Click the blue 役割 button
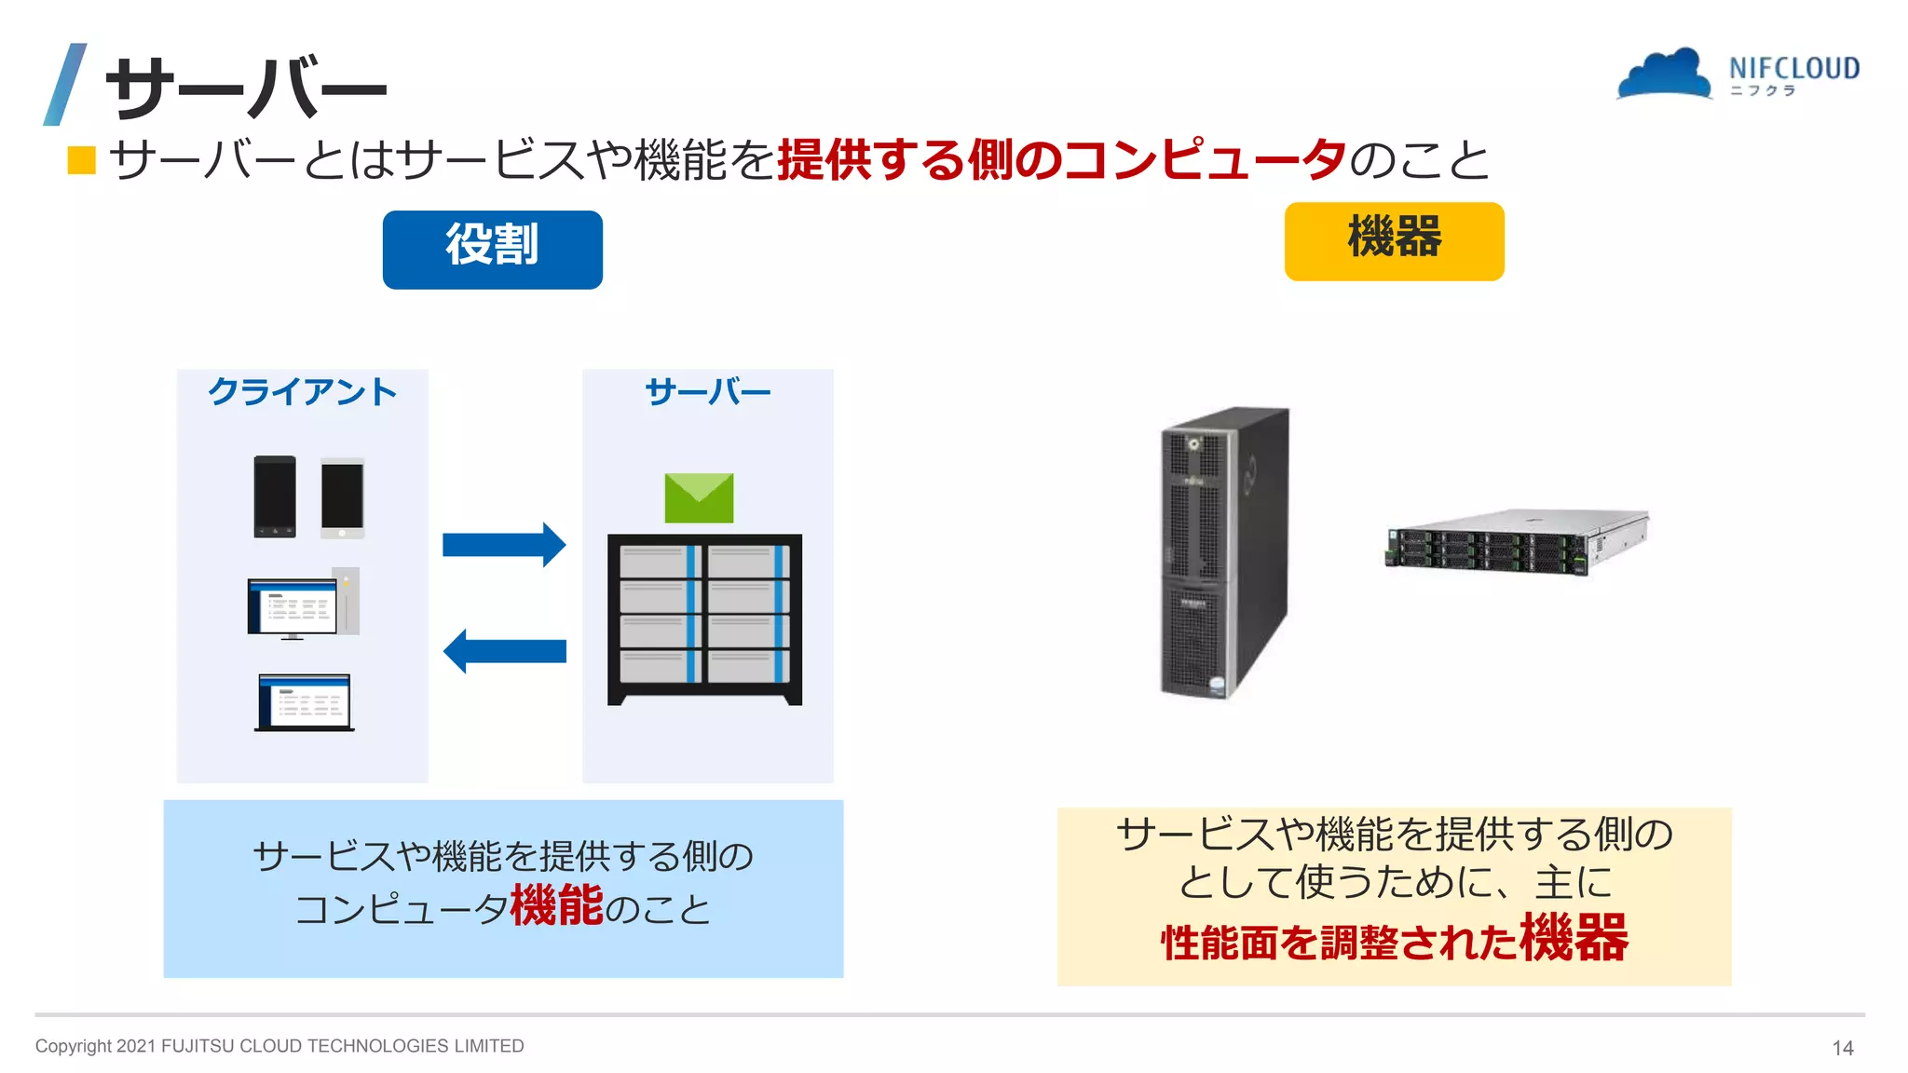[x=492, y=249]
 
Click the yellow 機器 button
[x=1394, y=241]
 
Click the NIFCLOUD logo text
[x=1793, y=69]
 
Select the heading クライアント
[x=302, y=391]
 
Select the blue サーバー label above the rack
[x=707, y=391]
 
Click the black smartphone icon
[x=275, y=496]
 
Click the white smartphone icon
[x=342, y=498]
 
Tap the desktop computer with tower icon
[x=303, y=604]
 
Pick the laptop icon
[x=305, y=702]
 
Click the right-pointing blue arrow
[x=504, y=545]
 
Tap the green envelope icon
[x=699, y=497]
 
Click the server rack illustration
[x=704, y=618]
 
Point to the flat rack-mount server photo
[x=1517, y=541]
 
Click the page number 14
[x=1842, y=1048]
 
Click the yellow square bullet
[x=82, y=160]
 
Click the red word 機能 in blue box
[x=557, y=905]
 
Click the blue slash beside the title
[x=65, y=84]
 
